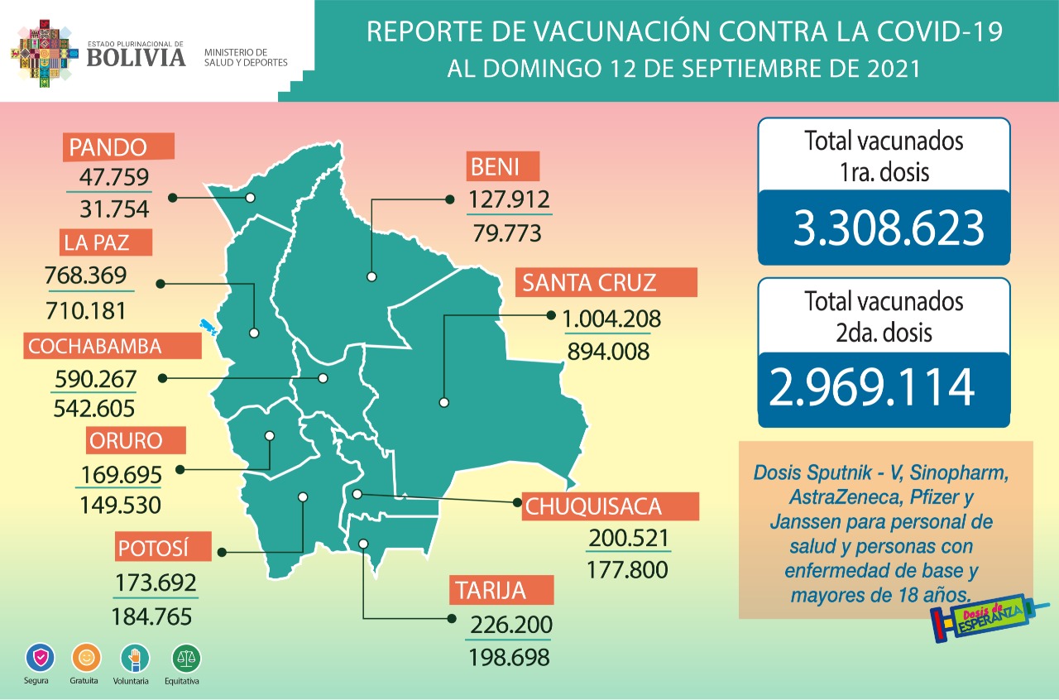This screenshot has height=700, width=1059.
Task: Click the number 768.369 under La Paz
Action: point(91,275)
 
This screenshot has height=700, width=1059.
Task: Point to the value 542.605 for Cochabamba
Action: point(93,408)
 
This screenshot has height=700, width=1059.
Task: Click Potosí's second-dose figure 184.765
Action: point(151,616)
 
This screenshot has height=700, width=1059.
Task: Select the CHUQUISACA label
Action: point(611,506)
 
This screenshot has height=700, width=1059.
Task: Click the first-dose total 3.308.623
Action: point(888,228)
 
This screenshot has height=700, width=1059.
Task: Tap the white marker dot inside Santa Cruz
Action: point(444,403)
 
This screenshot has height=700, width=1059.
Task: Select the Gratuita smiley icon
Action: point(84,659)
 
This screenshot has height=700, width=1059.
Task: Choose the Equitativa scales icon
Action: point(186,659)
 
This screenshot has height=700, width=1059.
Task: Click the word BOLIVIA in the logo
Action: point(136,56)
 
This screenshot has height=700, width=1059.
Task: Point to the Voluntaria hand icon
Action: point(135,659)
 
